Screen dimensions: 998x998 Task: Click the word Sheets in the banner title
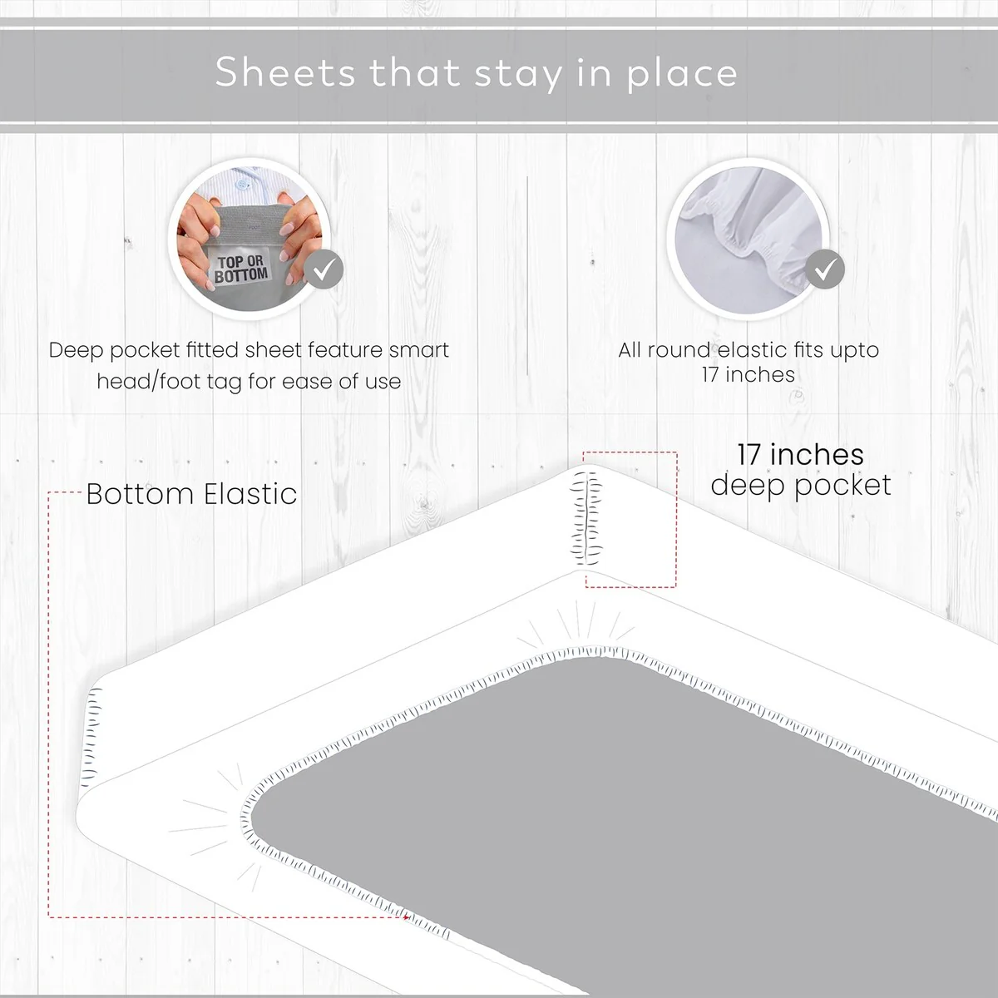tap(285, 72)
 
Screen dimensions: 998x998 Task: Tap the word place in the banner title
tap(682, 74)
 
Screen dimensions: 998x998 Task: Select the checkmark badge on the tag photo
tap(324, 269)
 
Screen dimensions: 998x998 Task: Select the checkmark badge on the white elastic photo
tap(825, 269)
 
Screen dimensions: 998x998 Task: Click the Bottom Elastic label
tap(191, 493)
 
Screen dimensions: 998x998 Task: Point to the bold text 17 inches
tap(801, 455)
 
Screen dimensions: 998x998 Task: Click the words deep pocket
tap(801, 486)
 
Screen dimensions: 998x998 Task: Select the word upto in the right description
tap(855, 351)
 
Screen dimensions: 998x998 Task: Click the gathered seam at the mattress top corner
tap(586, 518)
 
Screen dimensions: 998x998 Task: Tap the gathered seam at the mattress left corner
tap(91, 734)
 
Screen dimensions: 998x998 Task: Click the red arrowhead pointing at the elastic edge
tap(406, 917)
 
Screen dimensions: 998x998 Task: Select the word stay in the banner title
tap(518, 74)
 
